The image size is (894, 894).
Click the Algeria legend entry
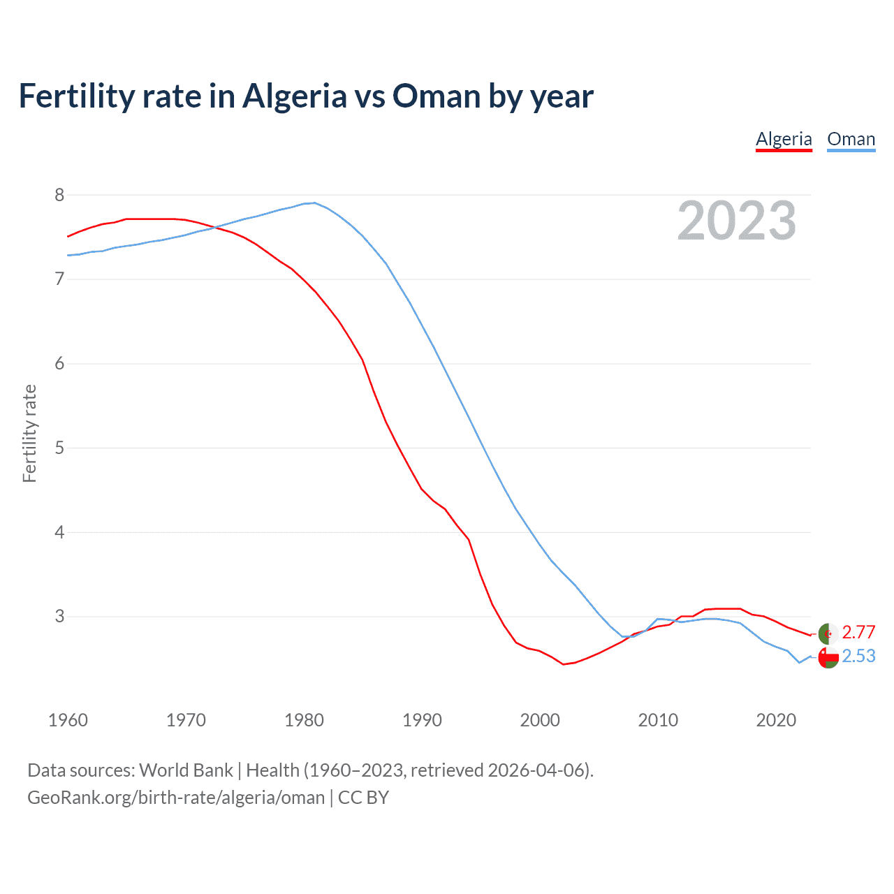point(784,139)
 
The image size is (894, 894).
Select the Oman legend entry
point(851,139)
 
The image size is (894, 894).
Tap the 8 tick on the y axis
point(59,195)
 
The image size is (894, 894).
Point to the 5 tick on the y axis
point(59,448)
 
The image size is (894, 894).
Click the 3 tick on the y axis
point(59,617)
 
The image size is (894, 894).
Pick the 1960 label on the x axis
point(68,720)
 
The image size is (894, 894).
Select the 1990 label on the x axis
point(422,720)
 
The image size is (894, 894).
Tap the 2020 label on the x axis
point(776,720)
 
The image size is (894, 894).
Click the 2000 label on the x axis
point(540,720)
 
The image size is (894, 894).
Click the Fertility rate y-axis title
point(29,433)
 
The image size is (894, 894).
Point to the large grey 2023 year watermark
point(736,221)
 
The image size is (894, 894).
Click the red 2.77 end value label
point(858,632)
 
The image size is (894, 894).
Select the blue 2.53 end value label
point(858,657)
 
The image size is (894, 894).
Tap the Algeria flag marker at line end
point(828,633)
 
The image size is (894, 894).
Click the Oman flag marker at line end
point(828,657)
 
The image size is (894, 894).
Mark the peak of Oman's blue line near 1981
point(315,203)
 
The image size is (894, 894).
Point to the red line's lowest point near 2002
point(563,664)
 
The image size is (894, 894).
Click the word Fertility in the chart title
point(76,96)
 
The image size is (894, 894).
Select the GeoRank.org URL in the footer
point(176,798)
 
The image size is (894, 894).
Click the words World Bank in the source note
point(186,770)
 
